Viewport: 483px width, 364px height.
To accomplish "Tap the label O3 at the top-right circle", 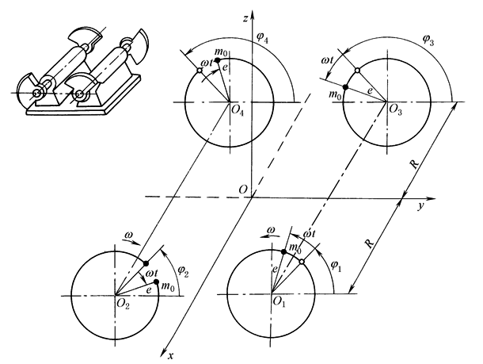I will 397,112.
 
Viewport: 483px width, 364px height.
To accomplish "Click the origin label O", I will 243,189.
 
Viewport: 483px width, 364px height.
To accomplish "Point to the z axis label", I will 258,16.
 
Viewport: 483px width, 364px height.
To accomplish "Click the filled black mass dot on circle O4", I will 217,60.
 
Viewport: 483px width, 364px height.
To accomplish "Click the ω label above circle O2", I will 130,235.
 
